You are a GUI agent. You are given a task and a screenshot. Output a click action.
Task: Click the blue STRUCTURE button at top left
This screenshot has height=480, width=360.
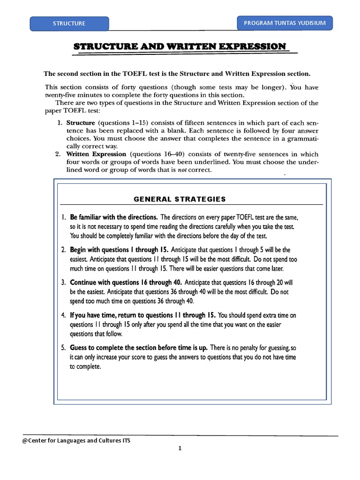[69, 23]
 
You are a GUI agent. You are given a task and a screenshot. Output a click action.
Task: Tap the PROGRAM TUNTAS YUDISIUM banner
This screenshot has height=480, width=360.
[285, 22]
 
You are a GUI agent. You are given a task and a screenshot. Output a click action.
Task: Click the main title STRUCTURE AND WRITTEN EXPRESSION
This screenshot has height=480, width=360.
[180, 46]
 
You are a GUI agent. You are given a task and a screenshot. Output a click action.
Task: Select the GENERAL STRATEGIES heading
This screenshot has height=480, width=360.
[180, 199]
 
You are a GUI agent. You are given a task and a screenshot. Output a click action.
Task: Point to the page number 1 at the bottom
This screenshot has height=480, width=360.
[180, 448]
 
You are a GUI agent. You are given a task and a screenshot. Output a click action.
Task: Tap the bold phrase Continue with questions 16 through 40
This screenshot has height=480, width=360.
[126, 283]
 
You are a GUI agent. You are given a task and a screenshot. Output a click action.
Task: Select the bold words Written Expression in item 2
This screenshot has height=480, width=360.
[96, 154]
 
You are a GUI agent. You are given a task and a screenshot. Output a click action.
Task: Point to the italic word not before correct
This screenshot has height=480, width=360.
[181, 170]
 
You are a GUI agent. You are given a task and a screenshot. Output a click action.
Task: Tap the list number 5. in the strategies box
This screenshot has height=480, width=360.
[64, 348]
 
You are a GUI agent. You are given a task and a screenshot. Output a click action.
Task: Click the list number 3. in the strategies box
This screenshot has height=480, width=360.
[64, 283]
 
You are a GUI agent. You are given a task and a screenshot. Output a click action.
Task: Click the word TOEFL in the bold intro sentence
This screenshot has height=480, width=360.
[136, 74]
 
